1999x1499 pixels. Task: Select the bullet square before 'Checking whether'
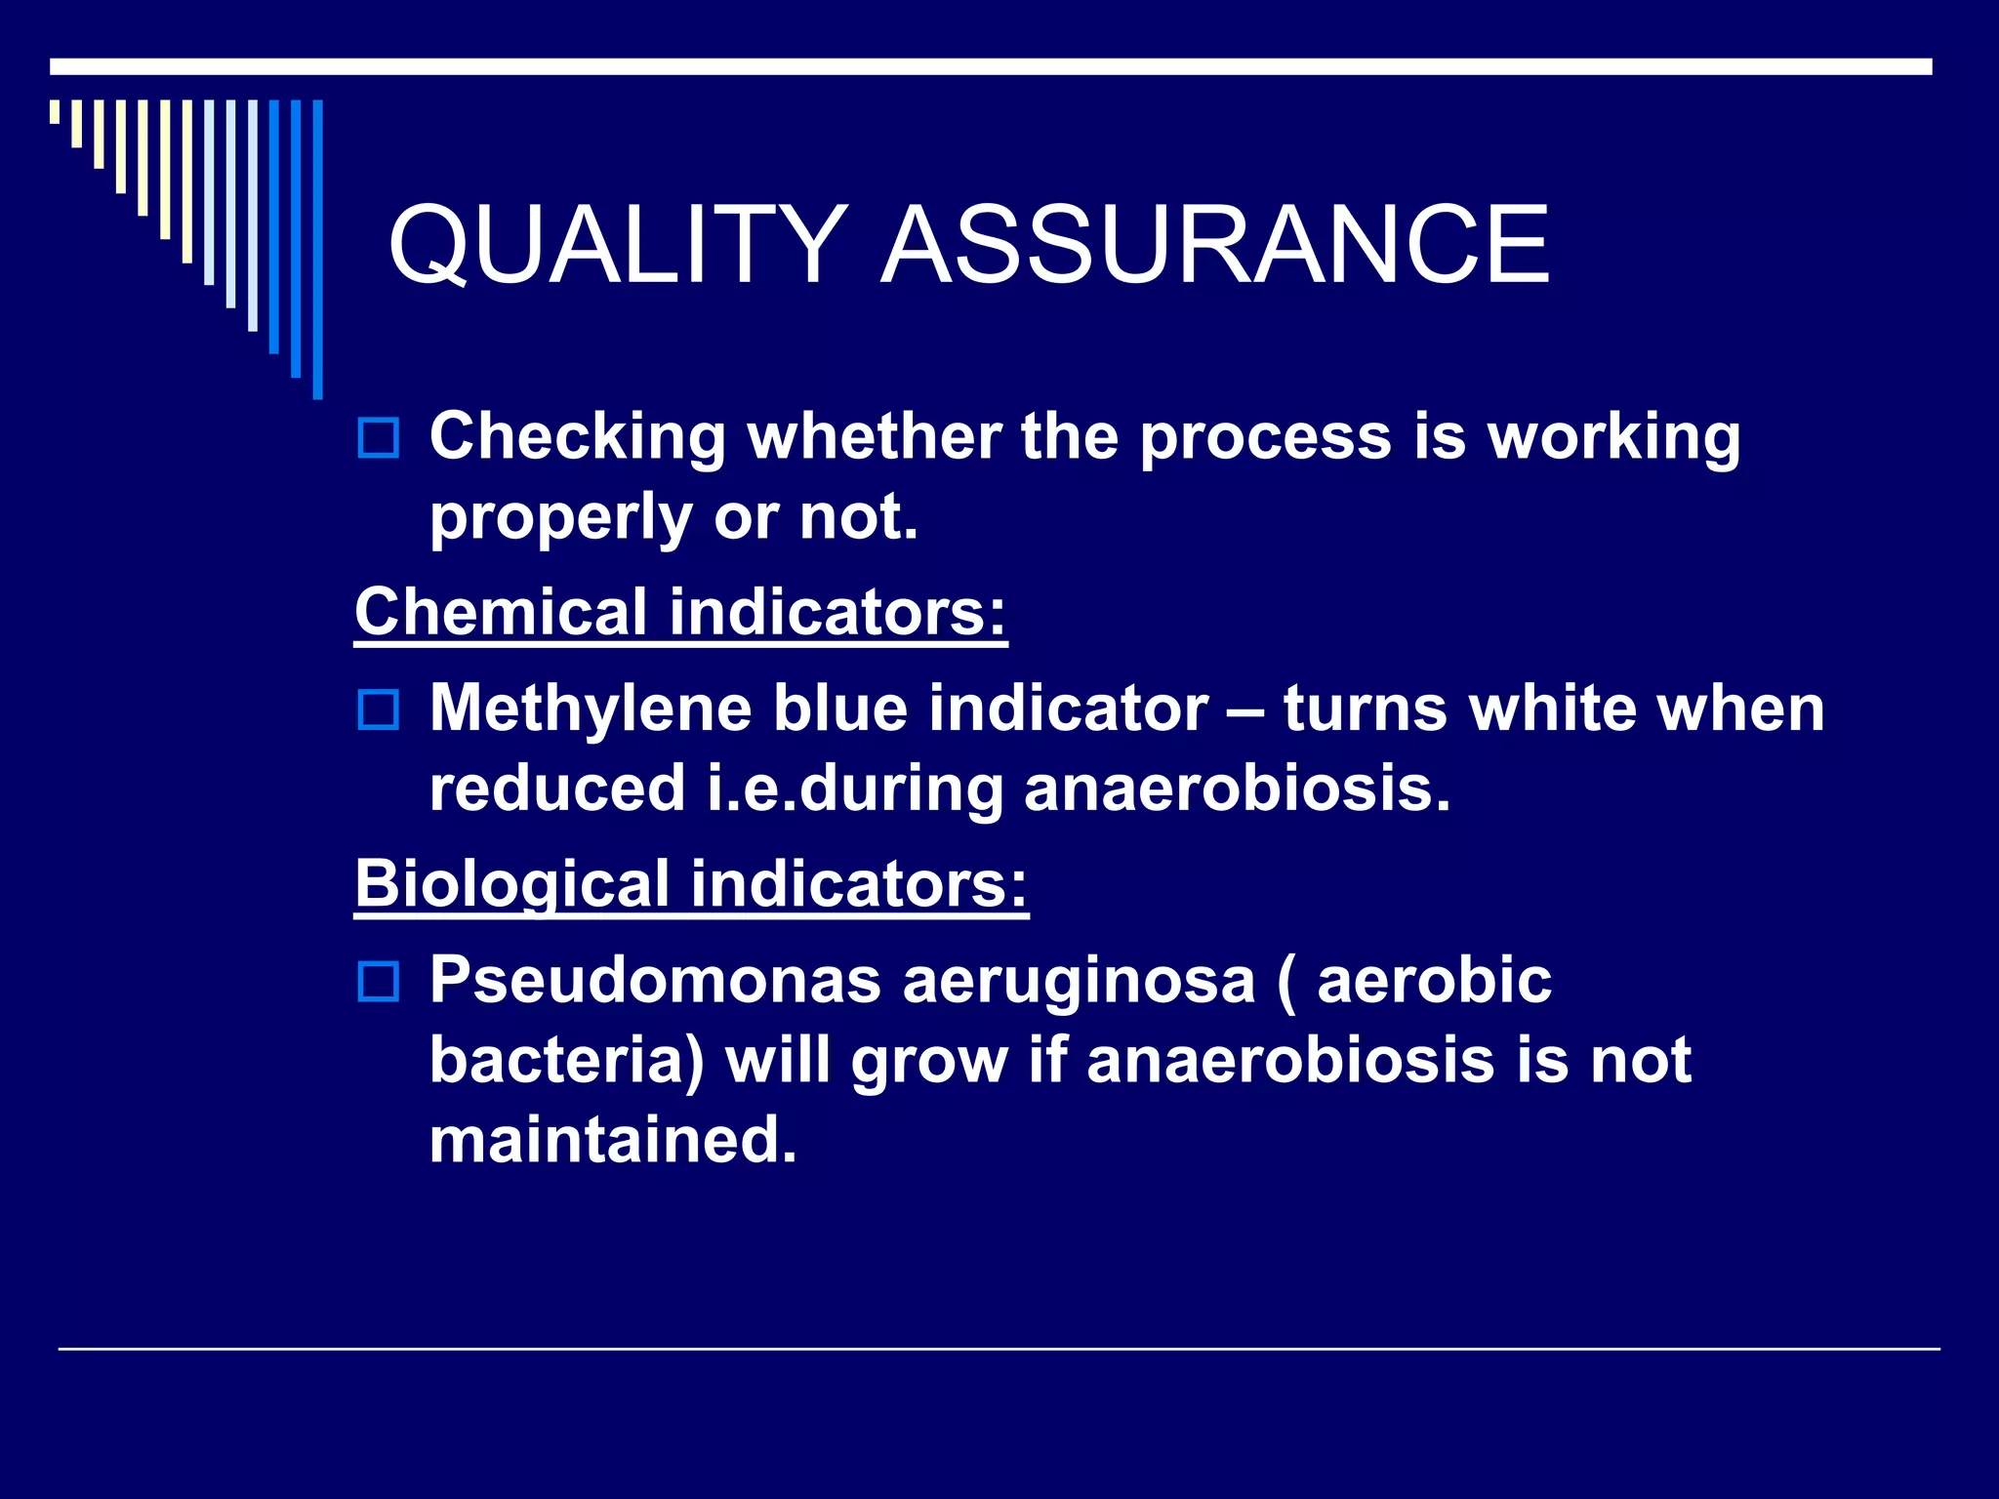379,438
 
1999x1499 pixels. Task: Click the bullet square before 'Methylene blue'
379,709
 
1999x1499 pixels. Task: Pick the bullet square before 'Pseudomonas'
379,982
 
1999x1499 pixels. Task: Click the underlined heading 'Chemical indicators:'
680,612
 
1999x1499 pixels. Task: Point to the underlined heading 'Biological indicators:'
691,883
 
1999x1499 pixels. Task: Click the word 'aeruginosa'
1079,982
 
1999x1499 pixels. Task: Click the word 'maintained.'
613,1140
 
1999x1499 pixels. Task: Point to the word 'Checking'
578,437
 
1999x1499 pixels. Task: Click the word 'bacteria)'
567,1061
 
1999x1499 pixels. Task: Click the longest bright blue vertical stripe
317,249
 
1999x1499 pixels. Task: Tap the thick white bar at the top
991,66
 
